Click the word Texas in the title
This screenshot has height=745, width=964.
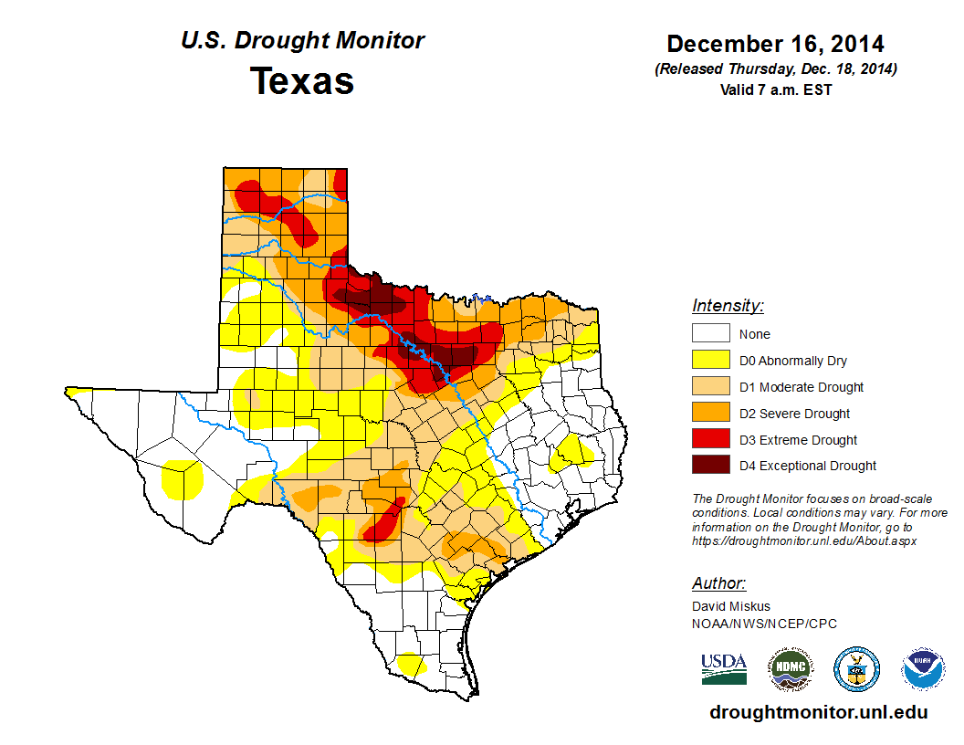pos(302,81)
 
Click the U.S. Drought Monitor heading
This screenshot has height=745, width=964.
pos(302,41)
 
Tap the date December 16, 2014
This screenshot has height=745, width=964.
pos(775,44)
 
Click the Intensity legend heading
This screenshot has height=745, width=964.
pos(728,306)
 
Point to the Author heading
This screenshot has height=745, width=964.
pos(718,583)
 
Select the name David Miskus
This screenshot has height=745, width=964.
pos(731,606)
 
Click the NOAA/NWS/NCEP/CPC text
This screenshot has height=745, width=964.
pos(764,624)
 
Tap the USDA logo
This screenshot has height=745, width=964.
pos(724,668)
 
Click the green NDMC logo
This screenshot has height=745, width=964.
pos(791,669)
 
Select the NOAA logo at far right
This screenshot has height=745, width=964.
pos(924,669)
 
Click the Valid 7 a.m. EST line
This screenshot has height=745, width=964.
pos(775,89)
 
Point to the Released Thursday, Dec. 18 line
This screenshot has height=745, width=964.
pos(775,69)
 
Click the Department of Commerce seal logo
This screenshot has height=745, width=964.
pos(857,669)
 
